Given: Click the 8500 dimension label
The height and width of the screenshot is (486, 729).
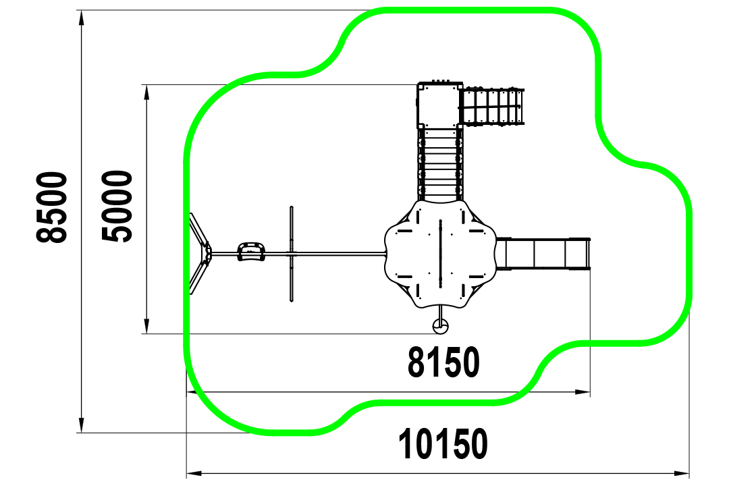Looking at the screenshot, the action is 51,207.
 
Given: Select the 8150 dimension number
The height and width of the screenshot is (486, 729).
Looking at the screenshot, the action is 443,362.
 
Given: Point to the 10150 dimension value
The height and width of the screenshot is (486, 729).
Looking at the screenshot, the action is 443,444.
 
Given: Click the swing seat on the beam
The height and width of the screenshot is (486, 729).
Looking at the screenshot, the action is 252,252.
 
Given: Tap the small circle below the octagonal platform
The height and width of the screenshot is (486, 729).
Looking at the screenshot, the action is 440,327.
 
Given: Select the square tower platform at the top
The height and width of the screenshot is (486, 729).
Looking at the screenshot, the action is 440,105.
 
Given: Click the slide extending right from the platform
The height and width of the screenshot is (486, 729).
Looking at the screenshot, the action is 543,254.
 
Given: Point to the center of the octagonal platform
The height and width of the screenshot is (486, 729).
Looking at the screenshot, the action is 440,254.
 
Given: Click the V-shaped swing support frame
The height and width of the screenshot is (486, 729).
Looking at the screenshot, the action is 200,254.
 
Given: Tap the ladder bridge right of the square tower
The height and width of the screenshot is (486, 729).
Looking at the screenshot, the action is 492,107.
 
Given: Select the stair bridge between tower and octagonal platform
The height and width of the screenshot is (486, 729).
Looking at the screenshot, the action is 440,164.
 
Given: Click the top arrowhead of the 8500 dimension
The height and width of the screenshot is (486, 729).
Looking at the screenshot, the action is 82,18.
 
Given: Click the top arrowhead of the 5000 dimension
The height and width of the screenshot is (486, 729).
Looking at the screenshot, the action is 147,92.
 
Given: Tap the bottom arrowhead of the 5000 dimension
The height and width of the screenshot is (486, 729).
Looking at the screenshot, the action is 147,326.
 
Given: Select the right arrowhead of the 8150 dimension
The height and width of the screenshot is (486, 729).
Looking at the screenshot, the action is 583,392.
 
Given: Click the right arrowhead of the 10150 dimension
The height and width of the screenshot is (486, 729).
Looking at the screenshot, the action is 682,474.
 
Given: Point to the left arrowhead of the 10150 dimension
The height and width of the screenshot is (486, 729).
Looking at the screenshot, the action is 194,474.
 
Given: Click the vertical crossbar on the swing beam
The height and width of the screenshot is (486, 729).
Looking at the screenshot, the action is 292,254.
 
